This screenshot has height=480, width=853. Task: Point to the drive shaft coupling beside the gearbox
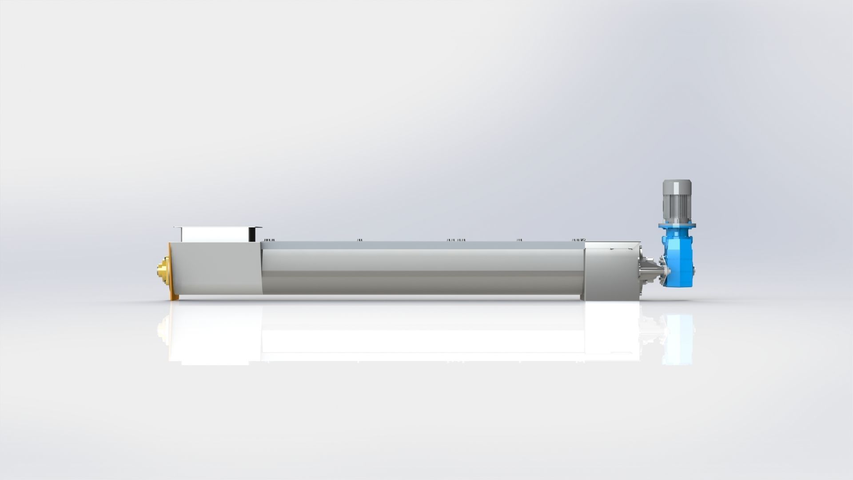[651, 271]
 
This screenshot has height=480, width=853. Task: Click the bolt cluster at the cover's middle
[456, 240]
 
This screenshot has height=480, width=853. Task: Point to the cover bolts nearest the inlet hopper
[268, 240]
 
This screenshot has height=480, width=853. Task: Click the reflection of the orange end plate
[170, 333]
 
